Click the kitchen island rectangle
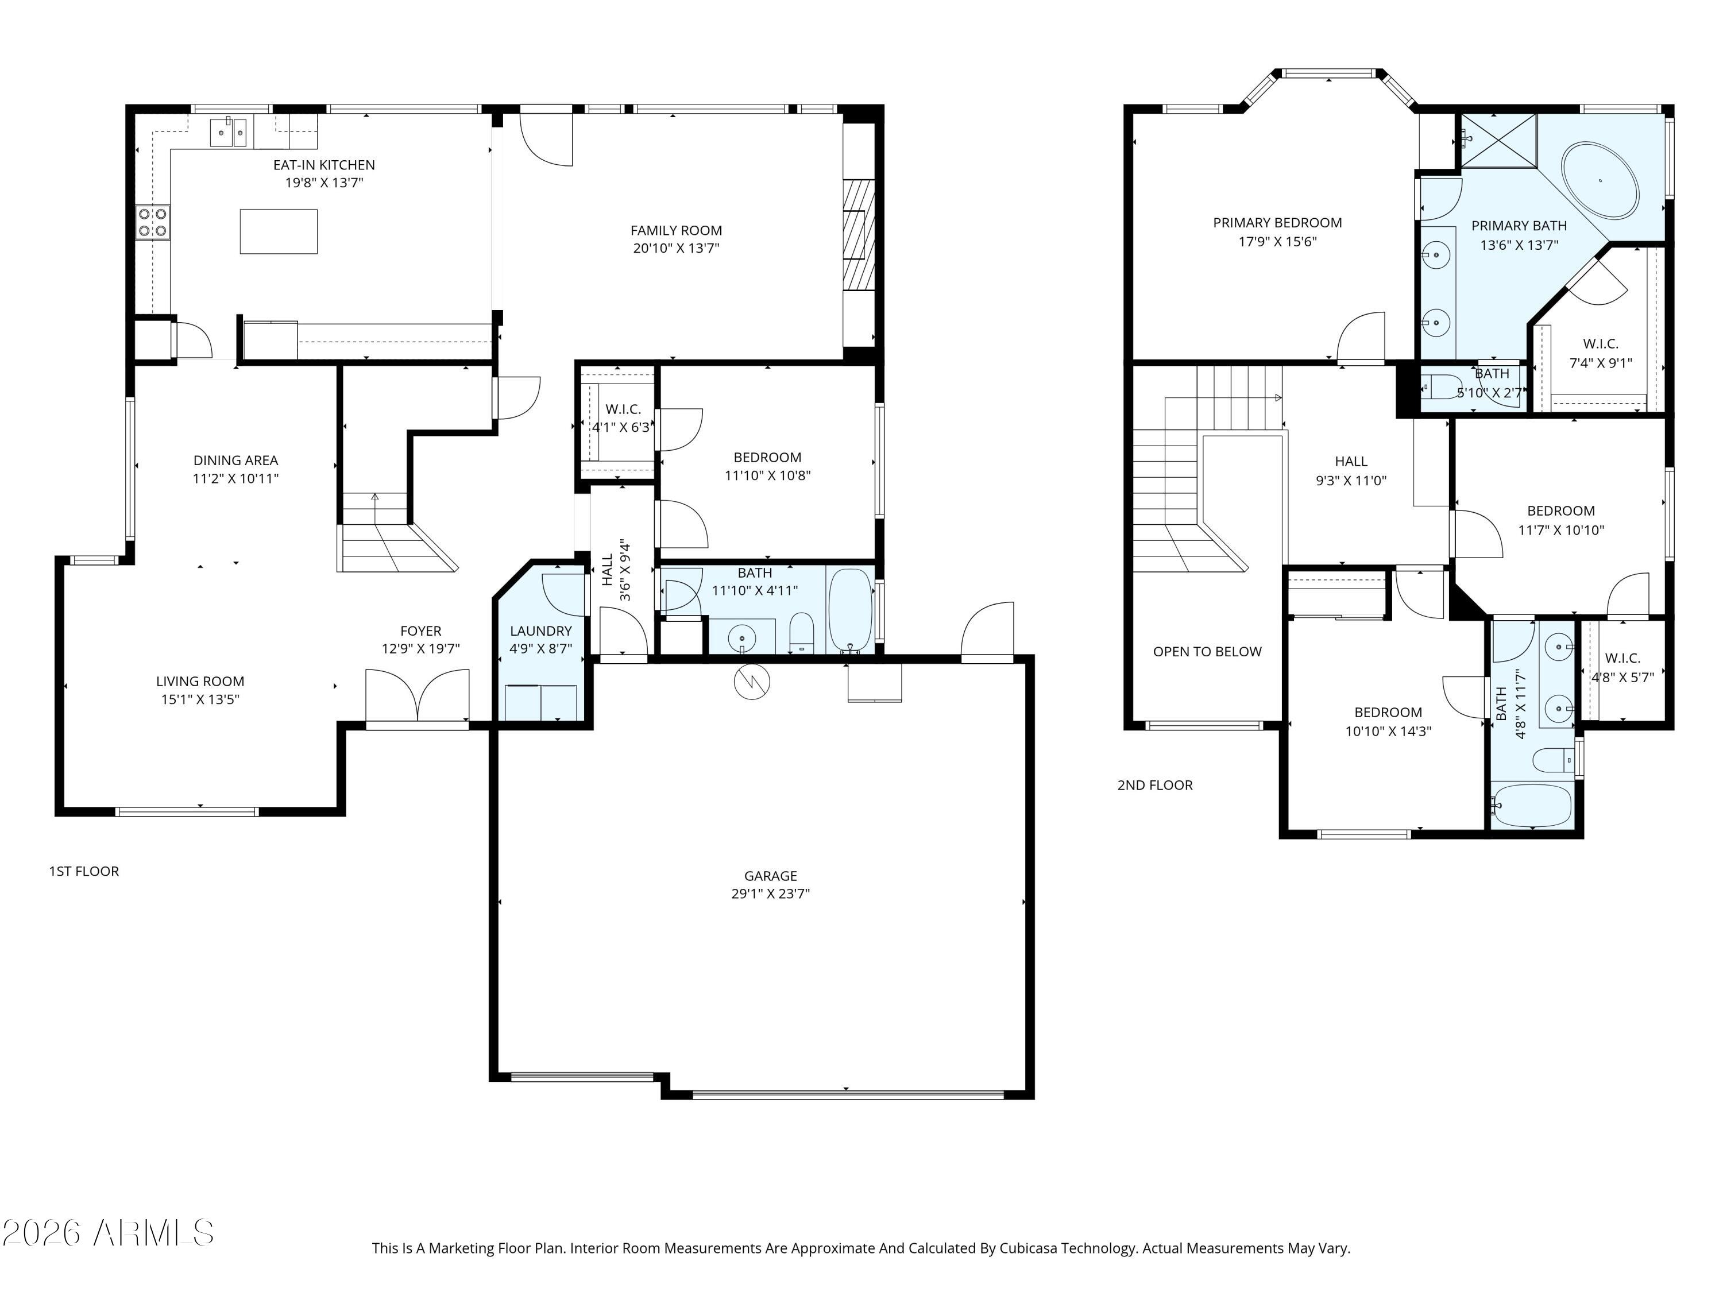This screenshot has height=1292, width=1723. (278, 231)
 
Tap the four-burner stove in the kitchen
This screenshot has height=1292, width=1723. (153, 221)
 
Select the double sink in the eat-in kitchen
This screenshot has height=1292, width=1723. (230, 133)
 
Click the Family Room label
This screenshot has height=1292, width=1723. (676, 230)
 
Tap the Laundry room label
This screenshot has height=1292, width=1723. (540, 631)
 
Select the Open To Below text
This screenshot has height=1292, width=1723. (1207, 652)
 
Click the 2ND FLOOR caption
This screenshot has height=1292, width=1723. (1155, 785)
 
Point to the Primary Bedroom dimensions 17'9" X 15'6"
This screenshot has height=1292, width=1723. (1277, 241)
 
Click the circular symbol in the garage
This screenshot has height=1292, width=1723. (752, 682)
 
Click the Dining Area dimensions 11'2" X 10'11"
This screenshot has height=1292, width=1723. (236, 479)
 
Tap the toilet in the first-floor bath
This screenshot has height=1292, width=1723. (802, 631)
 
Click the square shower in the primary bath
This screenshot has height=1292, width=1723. (1498, 140)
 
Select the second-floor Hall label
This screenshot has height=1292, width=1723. (1351, 462)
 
